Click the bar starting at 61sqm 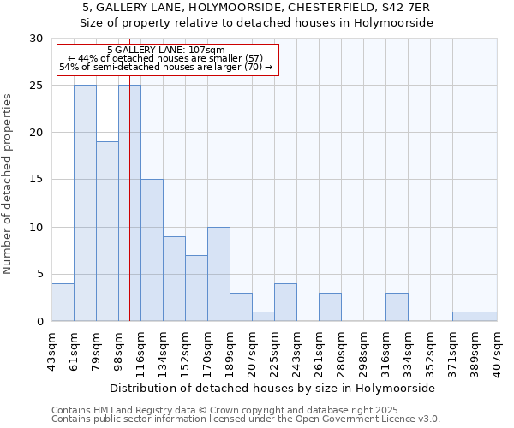click(x=85, y=203)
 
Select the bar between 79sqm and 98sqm click(x=107, y=231)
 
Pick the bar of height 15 click(x=152, y=250)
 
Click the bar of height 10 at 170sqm click(x=218, y=274)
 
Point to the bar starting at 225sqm click(x=285, y=302)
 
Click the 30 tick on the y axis click(x=36, y=39)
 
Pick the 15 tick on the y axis click(x=36, y=180)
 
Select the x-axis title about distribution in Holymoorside click(x=274, y=388)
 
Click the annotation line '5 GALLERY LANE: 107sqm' click(x=167, y=51)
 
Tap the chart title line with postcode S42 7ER click(x=257, y=8)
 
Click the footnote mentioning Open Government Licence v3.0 click(x=246, y=419)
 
